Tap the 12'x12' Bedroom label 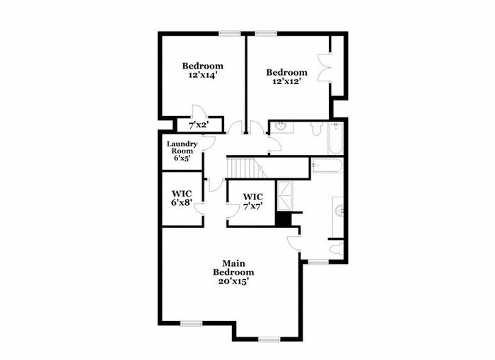pyautogui.click(x=286, y=76)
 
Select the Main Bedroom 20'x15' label pyautogui.click(x=233, y=271)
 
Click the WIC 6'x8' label pyautogui.click(x=182, y=198)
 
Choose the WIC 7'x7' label pyautogui.click(x=252, y=201)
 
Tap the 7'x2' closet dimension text pyautogui.click(x=197, y=125)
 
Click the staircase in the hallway pyautogui.click(x=243, y=168)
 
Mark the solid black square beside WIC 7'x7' pyautogui.click(x=284, y=219)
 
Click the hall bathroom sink pyautogui.click(x=281, y=127)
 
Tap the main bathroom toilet pyautogui.click(x=337, y=249)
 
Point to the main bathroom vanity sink pyautogui.click(x=338, y=210)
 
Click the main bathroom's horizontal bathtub pyautogui.click(x=327, y=166)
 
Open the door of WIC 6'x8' pyautogui.click(x=201, y=206)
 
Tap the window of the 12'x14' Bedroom pyautogui.click(x=228, y=33)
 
